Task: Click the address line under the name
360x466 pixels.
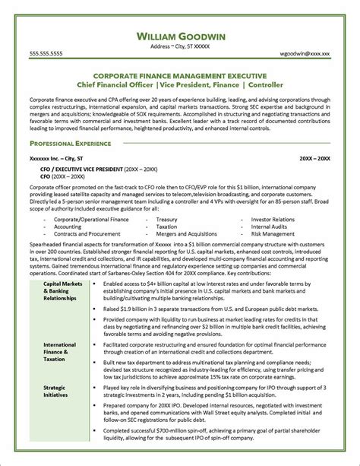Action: (x=179, y=46)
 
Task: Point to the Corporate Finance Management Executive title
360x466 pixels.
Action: (x=179, y=76)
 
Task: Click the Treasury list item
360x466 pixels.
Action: (x=166, y=219)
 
